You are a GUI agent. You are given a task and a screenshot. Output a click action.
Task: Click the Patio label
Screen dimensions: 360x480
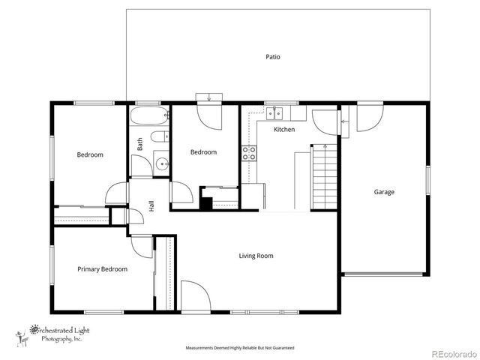coord(273,57)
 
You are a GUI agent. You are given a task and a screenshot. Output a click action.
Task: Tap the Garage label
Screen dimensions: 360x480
coord(384,192)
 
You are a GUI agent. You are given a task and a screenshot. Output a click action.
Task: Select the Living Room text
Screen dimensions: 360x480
coord(256,256)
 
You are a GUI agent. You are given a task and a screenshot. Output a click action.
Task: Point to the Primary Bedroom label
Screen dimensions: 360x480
coord(102,269)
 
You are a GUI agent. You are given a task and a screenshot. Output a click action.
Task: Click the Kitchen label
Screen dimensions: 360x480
coord(284,130)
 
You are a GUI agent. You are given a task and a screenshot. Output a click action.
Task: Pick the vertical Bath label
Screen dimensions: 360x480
coord(139,143)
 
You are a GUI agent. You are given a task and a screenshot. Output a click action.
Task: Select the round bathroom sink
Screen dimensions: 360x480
coord(161,164)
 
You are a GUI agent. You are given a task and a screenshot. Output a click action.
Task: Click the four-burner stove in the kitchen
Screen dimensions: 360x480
coord(248,154)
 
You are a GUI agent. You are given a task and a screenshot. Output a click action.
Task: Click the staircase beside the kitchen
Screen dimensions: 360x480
coord(324,178)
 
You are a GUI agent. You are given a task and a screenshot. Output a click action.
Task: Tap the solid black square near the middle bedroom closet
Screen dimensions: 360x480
coord(205,202)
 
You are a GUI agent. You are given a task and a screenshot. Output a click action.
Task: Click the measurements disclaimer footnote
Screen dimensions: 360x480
coord(240,348)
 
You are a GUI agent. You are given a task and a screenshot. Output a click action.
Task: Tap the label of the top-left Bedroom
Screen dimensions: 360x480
coord(89,155)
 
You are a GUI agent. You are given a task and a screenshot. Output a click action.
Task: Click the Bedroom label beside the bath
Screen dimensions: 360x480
coord(202,152)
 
